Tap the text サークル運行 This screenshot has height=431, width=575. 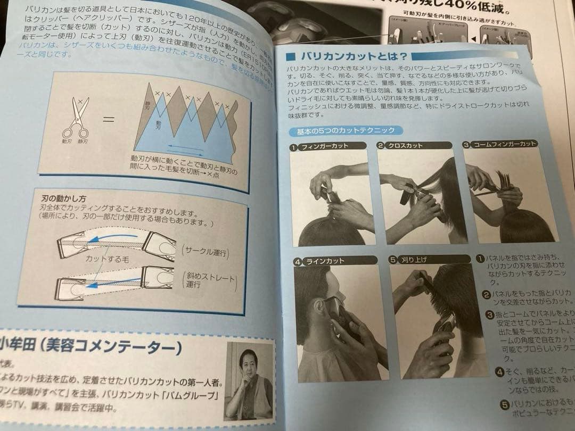[204, 252]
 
